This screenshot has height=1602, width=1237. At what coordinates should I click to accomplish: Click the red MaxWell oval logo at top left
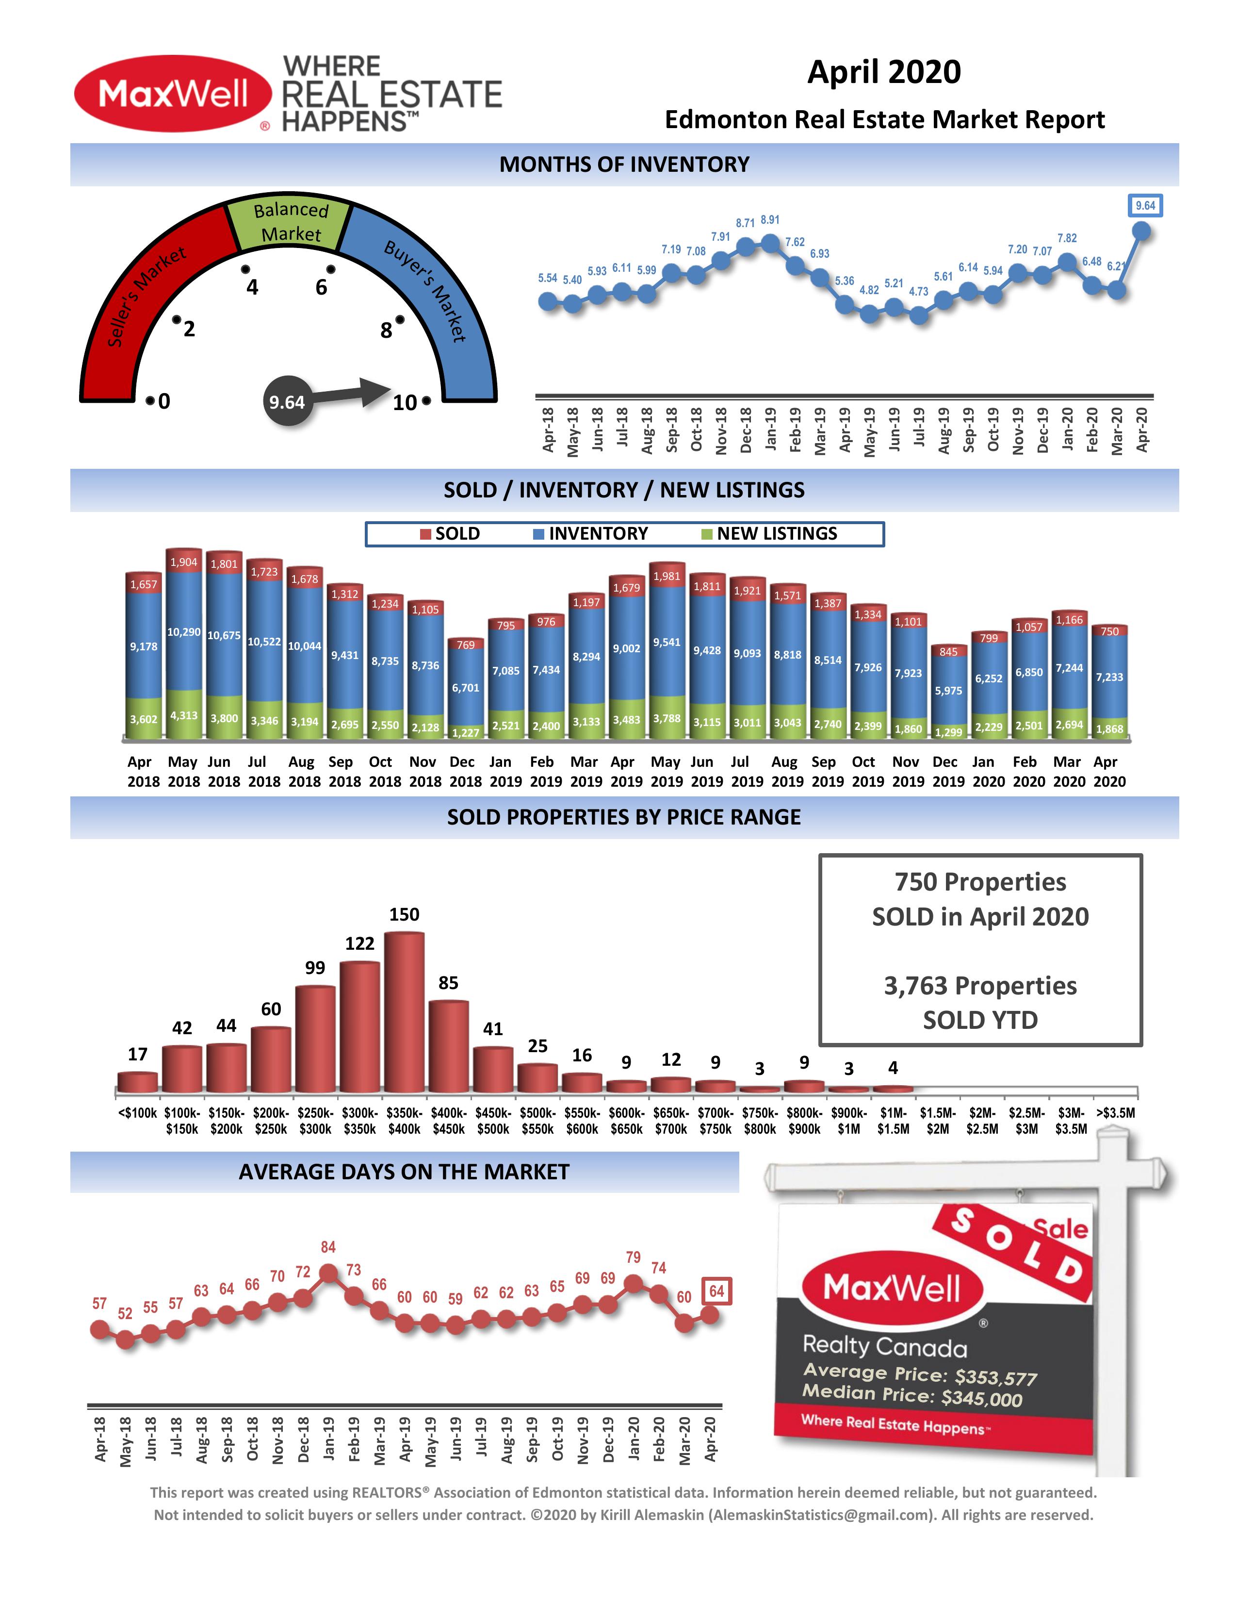(x=173, y=94)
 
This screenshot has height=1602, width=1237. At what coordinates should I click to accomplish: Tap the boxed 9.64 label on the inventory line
(x=1145, y=206)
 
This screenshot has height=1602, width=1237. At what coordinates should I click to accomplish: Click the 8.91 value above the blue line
(x=770, y=220)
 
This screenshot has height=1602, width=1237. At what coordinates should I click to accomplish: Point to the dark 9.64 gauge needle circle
(x=287, y=402)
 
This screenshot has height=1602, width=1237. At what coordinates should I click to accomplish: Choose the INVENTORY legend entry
(x=598, y=534)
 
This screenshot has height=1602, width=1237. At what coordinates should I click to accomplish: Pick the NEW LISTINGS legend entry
(x=777, y=534)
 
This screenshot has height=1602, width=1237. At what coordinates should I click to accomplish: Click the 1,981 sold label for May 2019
(x=667, y=577)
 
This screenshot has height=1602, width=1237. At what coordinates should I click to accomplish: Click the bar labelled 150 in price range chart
(x=404, y=1012)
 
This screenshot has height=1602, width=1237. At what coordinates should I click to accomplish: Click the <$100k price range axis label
(x=137, y=1113)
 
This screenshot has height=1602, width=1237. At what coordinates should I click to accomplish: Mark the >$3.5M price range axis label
(x=1115, y=1113)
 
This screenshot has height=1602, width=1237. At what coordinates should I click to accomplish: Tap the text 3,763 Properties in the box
(x=980, y=986)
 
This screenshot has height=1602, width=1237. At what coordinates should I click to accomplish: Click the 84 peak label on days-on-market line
(x=328, y=1247)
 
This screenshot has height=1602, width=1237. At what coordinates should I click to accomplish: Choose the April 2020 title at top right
(x=883, y=72)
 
